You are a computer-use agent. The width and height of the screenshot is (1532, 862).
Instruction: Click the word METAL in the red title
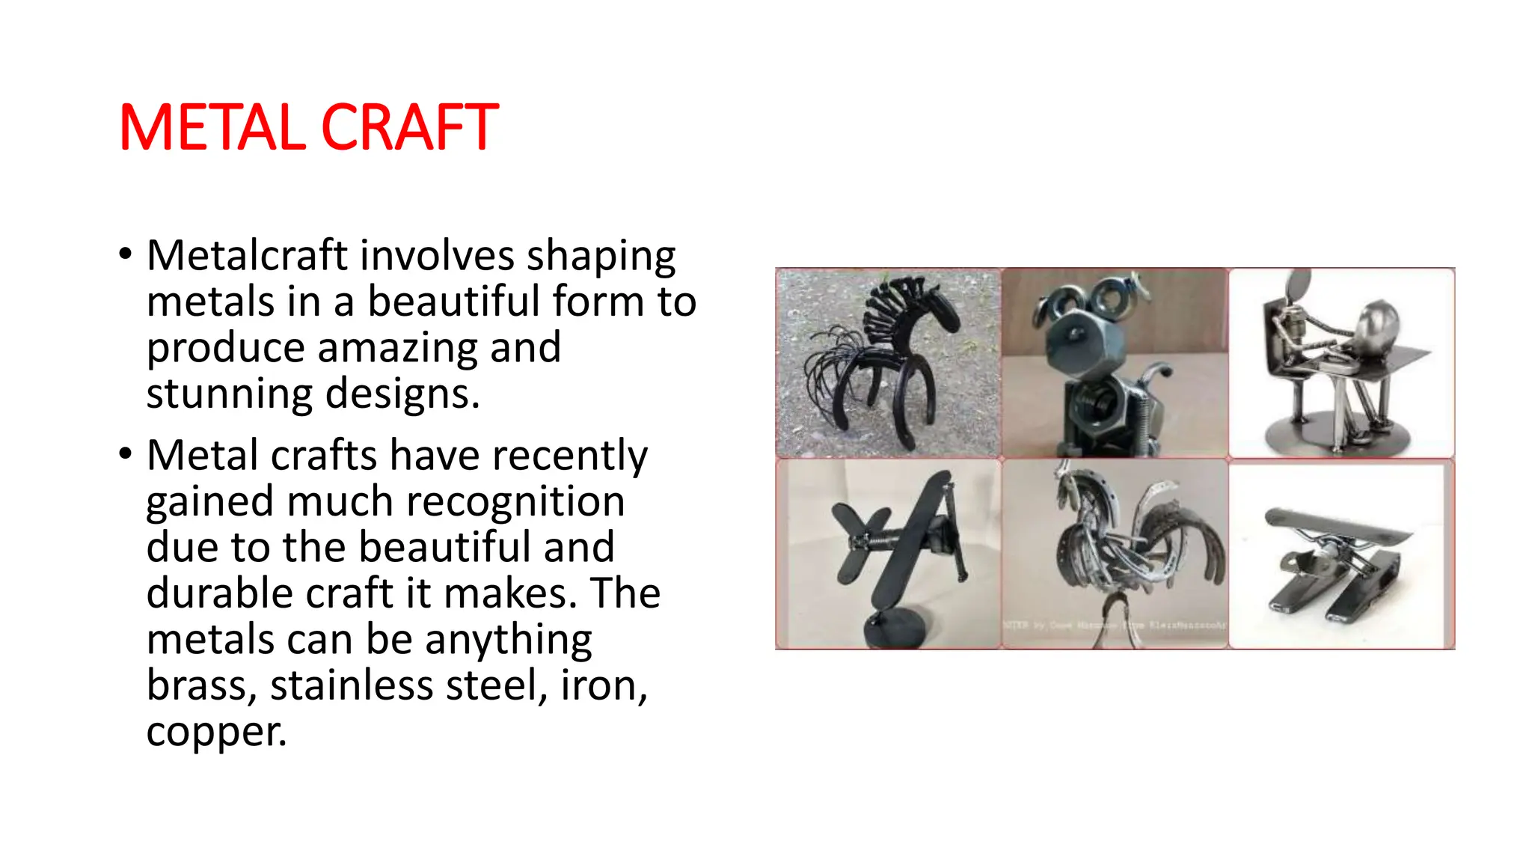pyautogui.click(x=212, y=128)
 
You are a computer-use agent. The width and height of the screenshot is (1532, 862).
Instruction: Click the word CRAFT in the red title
pyautogui.click(x=409, y=128)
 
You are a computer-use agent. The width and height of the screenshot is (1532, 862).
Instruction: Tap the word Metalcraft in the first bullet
pyautogui.click(x=247, y=256)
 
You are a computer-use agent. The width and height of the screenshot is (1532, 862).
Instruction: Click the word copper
pyautogui.click(x=215, y=733)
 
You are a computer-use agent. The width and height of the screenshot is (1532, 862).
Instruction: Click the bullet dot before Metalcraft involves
pyautogui.click(x=126, y=255)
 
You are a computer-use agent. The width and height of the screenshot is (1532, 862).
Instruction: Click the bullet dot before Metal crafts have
pyautogui.click(x=126, y=454)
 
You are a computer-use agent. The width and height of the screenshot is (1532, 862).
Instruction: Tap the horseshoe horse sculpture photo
pyautogui.click(x=889, y=363)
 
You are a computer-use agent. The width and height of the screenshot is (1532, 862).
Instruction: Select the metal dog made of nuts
pyautogui.click(x=1115, y=363)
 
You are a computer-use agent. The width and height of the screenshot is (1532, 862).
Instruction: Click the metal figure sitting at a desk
pyautogui.click(x=1341, y=363)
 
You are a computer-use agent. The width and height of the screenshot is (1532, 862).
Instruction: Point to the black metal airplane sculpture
pyautogui.click(x=898, y=539)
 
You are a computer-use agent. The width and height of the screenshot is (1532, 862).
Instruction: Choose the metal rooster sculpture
pyautogui.click(x=1122, y=546)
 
